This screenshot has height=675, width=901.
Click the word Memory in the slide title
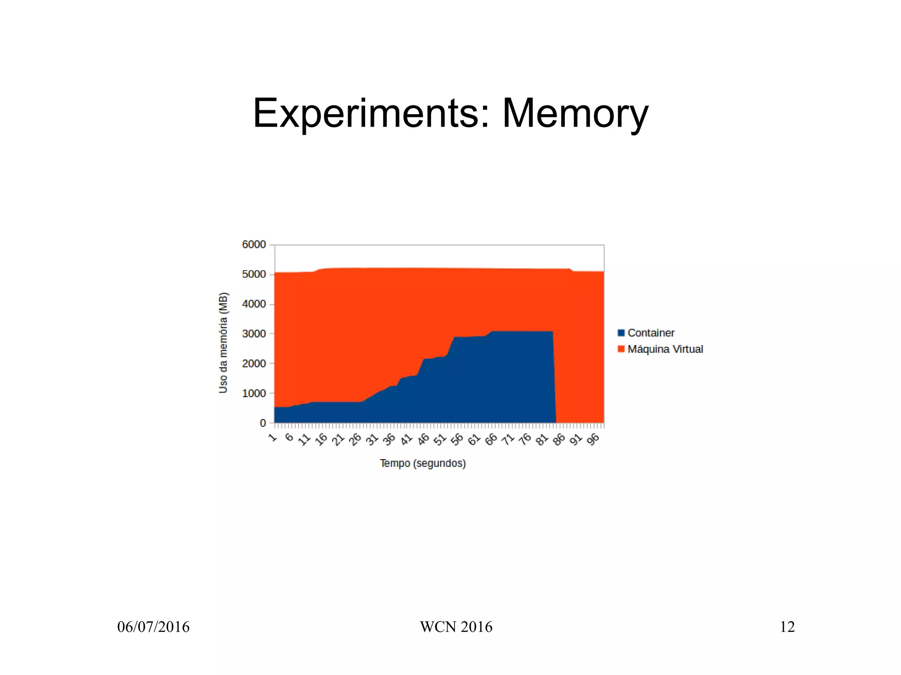(x=575, y=114)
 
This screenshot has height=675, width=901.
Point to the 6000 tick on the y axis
(x=254, y=244)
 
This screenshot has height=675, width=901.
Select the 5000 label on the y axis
(x=254, y=274)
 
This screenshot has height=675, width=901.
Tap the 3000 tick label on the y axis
(x=254, y=334)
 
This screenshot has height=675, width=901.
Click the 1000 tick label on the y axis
(x=254, y=393)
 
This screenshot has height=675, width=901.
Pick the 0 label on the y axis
(x=263, y=423)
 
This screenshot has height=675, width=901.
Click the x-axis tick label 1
(x=273, y=437)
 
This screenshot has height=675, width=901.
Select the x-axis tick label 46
(x=423, y=439)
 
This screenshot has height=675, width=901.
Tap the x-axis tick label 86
(x=559, y=439)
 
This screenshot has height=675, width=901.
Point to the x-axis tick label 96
(x=593, y=439)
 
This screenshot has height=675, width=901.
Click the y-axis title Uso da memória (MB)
(x=223, y=342)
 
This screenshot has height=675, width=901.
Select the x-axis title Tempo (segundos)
(x=423, y=463)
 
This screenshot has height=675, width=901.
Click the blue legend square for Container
(x=621, y=333)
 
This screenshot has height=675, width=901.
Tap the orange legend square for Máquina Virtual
(x=621, y=349)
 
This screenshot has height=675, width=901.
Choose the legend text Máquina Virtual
(x=665, y=349)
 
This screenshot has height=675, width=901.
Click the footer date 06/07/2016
(x=153, y=627)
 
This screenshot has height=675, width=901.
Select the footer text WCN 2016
(x=456, y=627)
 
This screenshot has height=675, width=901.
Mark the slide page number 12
(x=787, y=627)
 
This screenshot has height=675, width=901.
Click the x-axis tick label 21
(x=338, y=439)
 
